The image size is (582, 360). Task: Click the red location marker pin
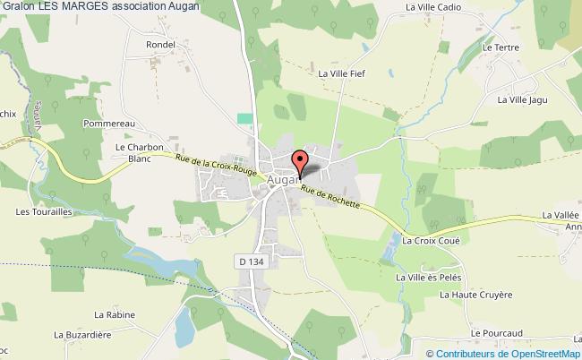tap(301, 161)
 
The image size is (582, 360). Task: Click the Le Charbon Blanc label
tap(138, 153)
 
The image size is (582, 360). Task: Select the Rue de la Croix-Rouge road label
tap(218, 167)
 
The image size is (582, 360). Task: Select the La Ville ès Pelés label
tap(429, 278)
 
